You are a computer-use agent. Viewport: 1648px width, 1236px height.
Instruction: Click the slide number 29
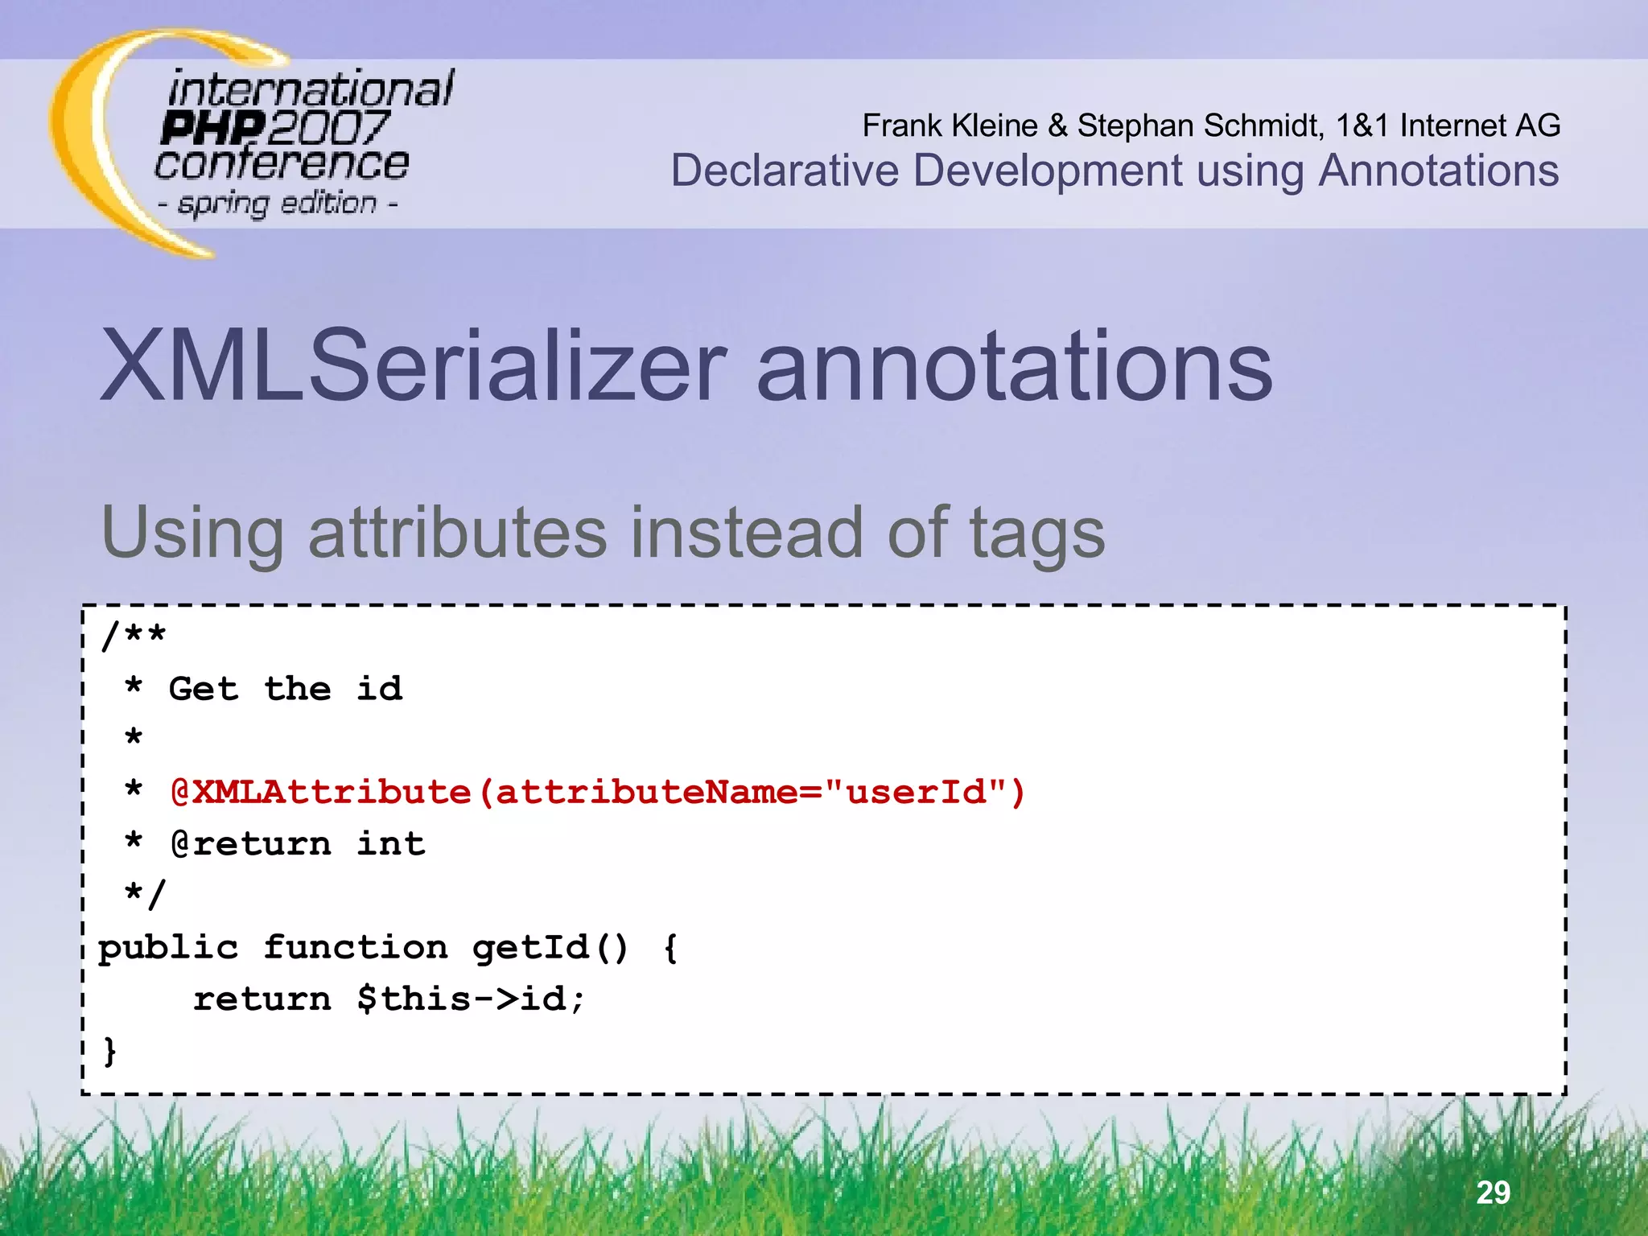1493,1192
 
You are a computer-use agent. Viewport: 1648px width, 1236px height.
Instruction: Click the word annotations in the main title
1014,366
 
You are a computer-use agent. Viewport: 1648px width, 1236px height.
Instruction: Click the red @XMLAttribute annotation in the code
320,792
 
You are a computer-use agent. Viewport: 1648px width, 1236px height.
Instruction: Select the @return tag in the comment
250,843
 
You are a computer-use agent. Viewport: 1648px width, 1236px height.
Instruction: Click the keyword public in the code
168,947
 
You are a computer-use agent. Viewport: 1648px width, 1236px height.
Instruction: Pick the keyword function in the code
356,947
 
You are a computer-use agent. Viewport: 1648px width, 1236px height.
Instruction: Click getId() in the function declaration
550,947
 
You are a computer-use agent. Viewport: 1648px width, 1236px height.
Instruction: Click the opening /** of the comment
134,636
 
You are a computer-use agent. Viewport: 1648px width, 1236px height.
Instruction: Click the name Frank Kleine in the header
950,126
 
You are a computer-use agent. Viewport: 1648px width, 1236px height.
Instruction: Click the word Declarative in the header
785,171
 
